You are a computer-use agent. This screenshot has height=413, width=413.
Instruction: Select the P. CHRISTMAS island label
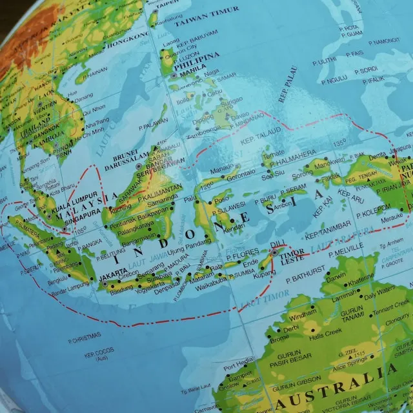click(x=84, y=336)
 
